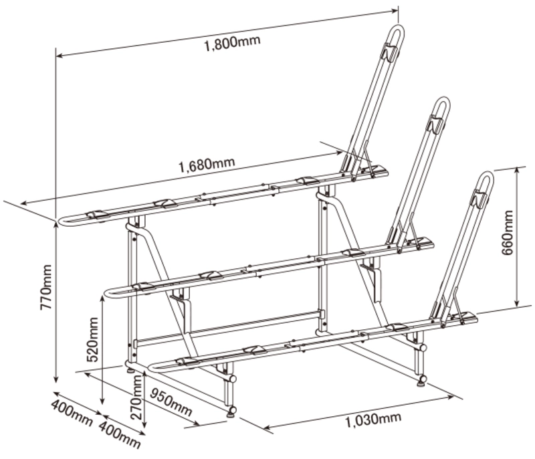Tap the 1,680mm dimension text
point(207,164)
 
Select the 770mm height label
point(46,287)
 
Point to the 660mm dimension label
point(507,233)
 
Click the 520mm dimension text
point(93,339)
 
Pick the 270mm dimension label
point(136,397)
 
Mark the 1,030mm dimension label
point(374,420)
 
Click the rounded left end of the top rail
point(61,221)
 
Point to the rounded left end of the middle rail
point(106,294)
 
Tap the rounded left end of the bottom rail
point(152,367)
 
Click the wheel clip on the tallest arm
point(390,52)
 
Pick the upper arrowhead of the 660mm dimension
point(517,169)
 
